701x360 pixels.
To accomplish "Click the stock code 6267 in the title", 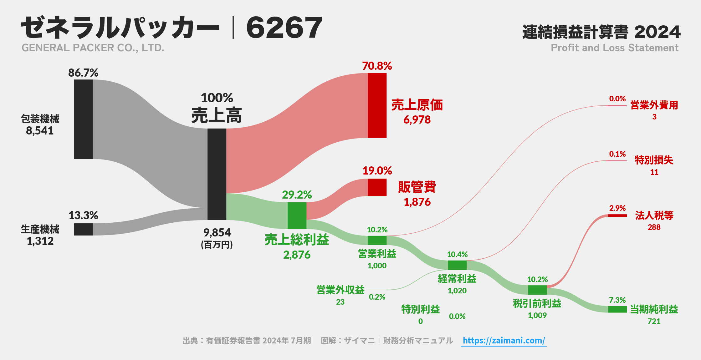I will pos(284,28).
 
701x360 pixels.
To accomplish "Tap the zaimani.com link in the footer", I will pos(504,340).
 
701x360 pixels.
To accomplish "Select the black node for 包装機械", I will pos(83,119).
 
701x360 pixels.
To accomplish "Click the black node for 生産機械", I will pos(83,229).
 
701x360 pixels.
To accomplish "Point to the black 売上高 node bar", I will pos(217,174).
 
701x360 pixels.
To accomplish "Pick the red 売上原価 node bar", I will pos(377,105).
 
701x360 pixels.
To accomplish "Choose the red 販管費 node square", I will pos(377,187).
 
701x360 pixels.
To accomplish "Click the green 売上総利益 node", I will pos(297,215).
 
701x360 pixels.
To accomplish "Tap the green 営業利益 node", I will pos(377,240).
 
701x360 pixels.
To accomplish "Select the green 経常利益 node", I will pos(457,265).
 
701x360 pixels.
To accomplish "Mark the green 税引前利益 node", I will pos(537,290).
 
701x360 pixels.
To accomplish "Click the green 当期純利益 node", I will pos(617,309).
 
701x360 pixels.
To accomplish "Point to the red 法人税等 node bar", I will pos(617,215).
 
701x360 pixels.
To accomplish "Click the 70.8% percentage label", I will pos(377,66).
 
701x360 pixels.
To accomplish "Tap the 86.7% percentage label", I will pos(83,73).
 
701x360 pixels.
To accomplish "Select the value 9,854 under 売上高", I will pos(217,233).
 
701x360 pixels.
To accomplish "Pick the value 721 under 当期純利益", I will pos(654,321).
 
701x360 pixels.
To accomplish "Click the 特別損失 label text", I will pos(654,160).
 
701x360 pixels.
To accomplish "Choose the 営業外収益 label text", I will pos(340,290).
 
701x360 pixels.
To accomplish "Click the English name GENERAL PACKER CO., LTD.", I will pos(93,48).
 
